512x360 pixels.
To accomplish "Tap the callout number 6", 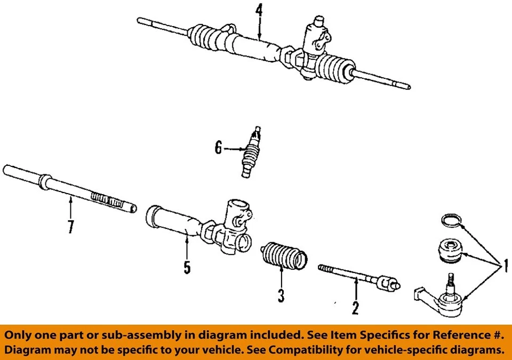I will [x=218, y=148].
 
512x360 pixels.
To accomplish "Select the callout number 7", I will [x=70, y=227].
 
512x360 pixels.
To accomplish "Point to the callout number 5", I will [x=187, y=267].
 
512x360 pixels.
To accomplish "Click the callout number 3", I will [x=281, y=294].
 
